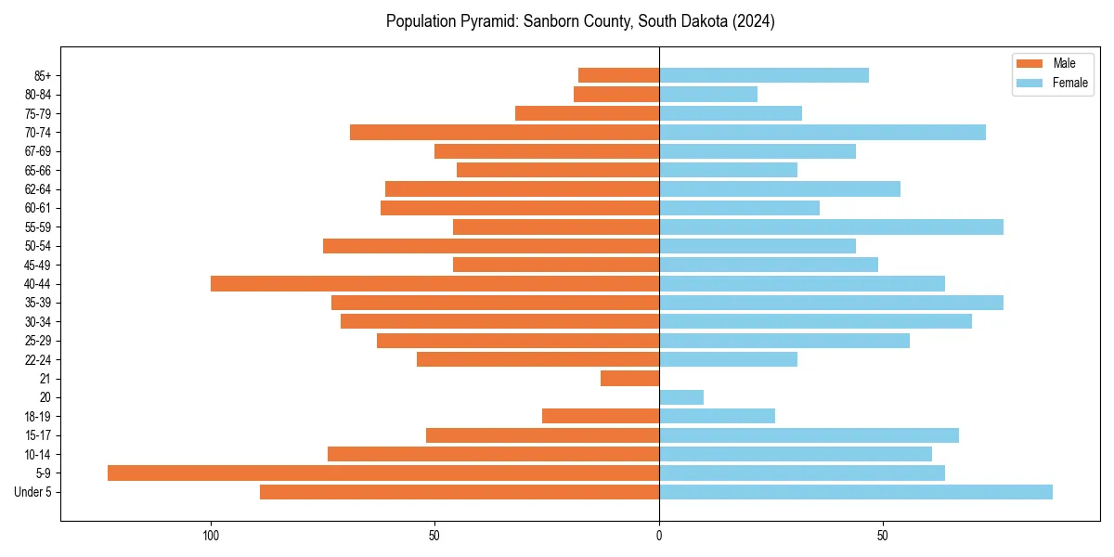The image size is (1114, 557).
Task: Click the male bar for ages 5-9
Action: pos(382,473)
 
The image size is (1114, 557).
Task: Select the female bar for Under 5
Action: pos(855,492)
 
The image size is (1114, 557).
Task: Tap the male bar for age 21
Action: pos(629,379)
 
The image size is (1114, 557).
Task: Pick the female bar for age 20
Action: pos(681,397)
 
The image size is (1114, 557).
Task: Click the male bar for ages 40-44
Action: pos(434,284)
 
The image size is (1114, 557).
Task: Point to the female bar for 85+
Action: pos(764,75)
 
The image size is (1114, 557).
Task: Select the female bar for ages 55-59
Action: pos(831,227)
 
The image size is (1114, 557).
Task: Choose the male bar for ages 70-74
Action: pos(504,133)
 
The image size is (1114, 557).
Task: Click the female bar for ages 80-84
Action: pos(708,95)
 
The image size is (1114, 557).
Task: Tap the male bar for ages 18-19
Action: pos(601,417)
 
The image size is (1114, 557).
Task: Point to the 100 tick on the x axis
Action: pos(211,536)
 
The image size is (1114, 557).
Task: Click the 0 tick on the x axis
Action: pos(659,536)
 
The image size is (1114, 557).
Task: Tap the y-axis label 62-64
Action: pos(38,189)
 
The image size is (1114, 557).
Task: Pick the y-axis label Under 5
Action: pos(33,492)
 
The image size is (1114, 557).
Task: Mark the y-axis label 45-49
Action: pos(38,266)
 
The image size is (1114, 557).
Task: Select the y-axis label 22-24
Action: pos(38,360)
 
